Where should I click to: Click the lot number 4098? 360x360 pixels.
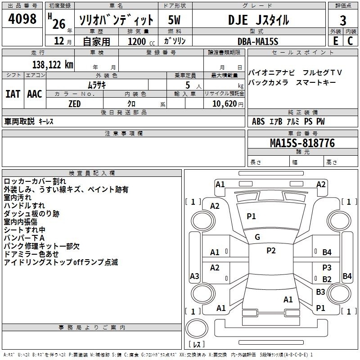coord(22,18)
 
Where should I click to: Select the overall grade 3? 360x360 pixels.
coord(343,20)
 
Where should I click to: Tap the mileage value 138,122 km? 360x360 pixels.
coord(53,65)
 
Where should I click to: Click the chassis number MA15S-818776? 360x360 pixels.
coord(302,143)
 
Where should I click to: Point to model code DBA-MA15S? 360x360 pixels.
coord(258,41)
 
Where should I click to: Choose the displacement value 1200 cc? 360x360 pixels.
coord(141,42)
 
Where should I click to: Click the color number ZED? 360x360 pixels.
coord(75,104)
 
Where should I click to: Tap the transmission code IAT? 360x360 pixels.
coord(13,94)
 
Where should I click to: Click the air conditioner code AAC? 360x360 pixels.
coord(35,94)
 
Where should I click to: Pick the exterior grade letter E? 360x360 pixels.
coord(336,41)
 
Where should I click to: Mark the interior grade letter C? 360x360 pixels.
coord(350,41)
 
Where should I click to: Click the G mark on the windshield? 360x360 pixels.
coord(257,237)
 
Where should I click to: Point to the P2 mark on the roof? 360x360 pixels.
coord(271,251)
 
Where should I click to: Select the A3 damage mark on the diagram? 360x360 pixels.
coord(194,276)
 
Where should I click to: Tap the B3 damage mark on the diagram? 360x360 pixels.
coord(320,292)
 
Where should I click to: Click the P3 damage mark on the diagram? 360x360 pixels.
coord(327,267)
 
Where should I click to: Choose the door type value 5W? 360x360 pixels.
coord(174,20)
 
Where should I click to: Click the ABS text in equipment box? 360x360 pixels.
coord(258,121)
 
